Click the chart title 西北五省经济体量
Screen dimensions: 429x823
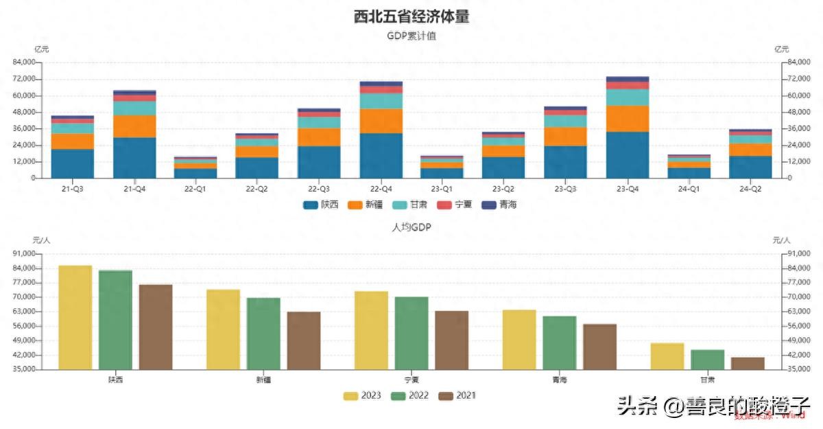point(411,17)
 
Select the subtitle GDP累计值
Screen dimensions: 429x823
point(411,36)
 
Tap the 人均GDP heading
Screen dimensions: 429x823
point(411,227)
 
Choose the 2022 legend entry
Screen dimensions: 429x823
point(411,395)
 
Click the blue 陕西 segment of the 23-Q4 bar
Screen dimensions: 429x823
point(628,154)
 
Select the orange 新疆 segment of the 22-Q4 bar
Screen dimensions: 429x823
point(381,121)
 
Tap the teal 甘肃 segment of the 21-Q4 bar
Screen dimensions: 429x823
point(134,108)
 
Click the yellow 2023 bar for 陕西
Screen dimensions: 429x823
point(75,317)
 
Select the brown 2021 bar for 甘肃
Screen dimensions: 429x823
point(748,363)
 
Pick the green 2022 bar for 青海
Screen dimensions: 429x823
point(560,343)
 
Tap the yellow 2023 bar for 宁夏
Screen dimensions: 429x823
point(371,330)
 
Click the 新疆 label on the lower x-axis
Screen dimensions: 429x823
point(263,380)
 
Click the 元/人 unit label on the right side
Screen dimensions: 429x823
point(781,240)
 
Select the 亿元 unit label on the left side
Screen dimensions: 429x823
point(42,49)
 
